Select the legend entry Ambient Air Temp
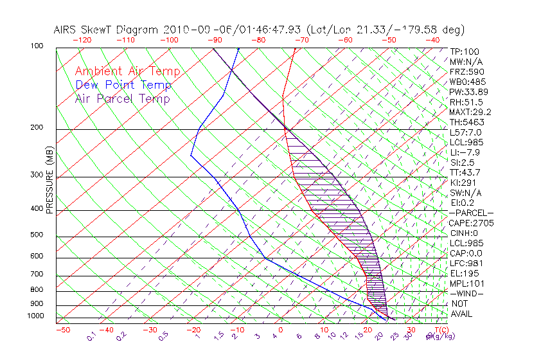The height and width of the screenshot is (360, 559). click(x=128, y=71)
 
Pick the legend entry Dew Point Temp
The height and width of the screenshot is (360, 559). click(x=123, y=85)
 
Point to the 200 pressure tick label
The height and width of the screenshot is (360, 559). click(x=37, y=128)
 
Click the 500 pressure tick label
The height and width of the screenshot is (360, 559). click(x=37, y=235)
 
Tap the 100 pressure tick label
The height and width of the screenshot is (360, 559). click(x=37, y=46)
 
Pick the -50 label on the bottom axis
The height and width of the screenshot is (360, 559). click(x=63, y=330)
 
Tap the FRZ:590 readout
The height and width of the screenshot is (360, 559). click(x=466, y=71)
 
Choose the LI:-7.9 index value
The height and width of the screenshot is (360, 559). click(x=465, y=152)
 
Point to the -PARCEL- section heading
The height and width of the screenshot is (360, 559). click(x=471, y=213)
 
